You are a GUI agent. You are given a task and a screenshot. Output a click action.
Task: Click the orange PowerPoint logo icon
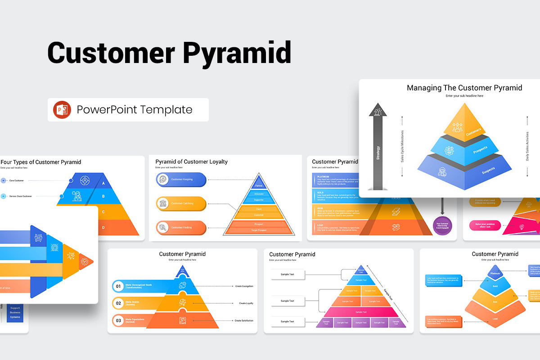pyautogui.click(x=62, y=110)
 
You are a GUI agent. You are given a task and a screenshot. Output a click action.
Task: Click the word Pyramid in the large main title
pyautogui.click(x=237, y=53)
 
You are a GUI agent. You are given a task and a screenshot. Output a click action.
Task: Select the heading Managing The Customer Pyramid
pyautogui.click(x=464, y=88)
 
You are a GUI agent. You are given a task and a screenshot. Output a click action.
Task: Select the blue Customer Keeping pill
pyautogui.click(x=181, y=180)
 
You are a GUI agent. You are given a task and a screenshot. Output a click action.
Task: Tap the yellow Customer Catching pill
pyautogui.click(x=181, y=203)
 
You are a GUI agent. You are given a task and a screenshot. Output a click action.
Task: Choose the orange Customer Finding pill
pyautogui.click(x=181, y=228)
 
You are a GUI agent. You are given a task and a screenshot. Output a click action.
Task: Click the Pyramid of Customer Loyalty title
pyautogui.click(x=191, y=162)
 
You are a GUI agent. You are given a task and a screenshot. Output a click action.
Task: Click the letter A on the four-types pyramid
pyautogui.click(x=103, y=183)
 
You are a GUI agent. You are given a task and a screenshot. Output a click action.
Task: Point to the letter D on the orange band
pyautogui.click(x=103, y=228)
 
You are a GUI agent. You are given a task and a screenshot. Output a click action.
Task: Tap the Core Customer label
pyautogui.click(x=17, y=180)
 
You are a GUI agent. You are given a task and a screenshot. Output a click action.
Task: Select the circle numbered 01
pyautogui.click(x=118, y=286)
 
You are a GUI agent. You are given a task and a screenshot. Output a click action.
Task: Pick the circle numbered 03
pyautogui.click(x=118, y=320)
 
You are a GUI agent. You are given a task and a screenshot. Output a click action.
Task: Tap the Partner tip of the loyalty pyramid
pyautogui.click(x=258, y=185)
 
